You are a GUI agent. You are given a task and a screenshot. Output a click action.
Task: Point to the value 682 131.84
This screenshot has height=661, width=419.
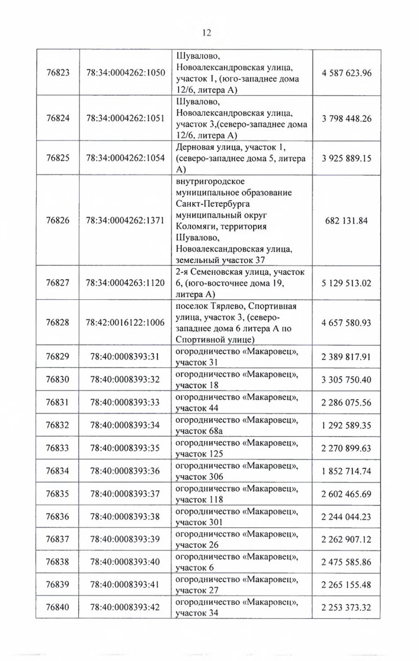346,220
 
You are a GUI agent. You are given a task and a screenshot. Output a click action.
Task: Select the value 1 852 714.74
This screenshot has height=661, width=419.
346,471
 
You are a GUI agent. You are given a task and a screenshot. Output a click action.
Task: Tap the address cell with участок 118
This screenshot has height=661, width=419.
237,494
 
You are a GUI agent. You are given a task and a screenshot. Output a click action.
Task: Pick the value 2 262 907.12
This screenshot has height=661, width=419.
346,539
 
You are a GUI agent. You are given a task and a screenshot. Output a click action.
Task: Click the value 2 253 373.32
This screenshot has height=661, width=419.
346,607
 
